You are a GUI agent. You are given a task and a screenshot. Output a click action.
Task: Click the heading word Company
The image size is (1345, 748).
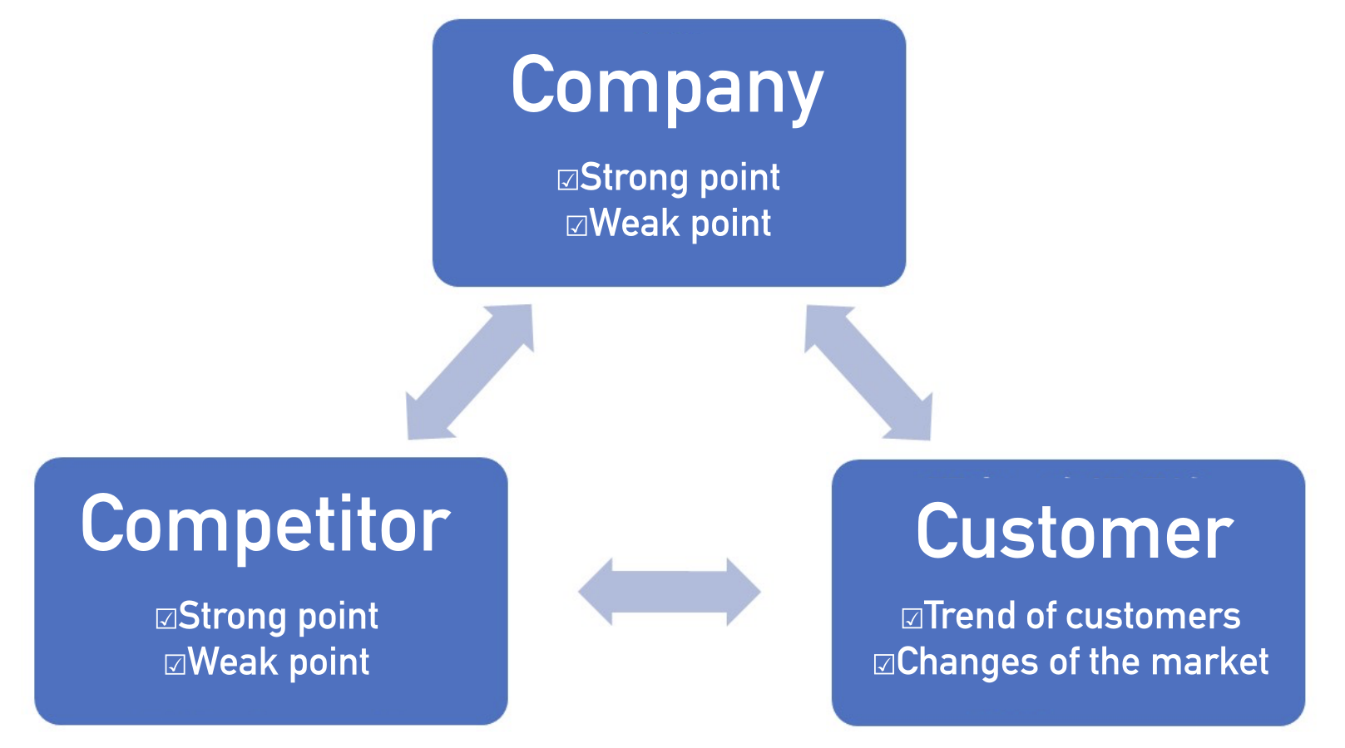[667, 86]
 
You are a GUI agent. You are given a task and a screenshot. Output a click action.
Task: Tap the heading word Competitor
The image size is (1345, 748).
[265, 524]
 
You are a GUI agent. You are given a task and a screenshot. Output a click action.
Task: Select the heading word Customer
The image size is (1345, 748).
[1074, 533]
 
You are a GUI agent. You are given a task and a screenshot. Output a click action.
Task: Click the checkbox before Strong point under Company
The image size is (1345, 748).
[567, 180]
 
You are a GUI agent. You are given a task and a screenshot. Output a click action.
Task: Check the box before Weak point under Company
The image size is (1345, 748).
[576, 225]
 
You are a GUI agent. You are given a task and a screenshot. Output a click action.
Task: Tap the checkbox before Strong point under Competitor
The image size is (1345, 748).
[166, 618]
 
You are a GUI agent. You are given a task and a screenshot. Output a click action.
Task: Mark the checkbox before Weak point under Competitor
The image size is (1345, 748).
[175, 664]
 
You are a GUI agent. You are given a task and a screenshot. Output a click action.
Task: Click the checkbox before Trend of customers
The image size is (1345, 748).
[912, 618]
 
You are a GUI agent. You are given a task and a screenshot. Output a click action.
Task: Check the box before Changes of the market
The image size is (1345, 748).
[883, 664]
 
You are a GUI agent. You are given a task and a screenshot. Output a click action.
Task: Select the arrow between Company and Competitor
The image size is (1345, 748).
[469, 372]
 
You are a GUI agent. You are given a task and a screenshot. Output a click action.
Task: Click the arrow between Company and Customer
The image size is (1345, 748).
[868, 372]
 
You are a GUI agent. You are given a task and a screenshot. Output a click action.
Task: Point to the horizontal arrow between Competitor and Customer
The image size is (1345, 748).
[670, 592]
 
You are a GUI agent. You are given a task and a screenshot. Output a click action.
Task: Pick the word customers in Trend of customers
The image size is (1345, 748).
[1154, 617]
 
